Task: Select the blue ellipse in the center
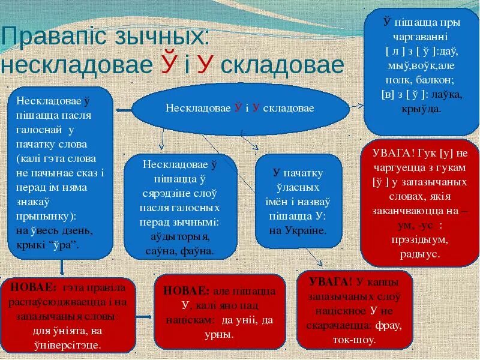(x=240, y=108)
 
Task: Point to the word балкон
(x=434, y=80)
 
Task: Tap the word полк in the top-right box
(x=401, y=80)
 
